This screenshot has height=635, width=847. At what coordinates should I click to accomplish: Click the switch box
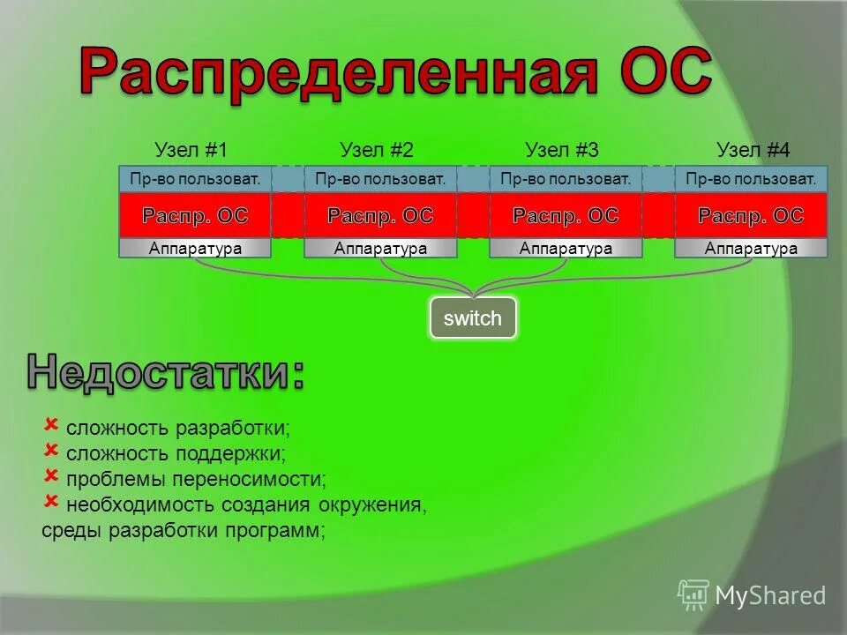pos(472,318)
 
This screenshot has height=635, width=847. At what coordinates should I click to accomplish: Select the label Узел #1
pos(191,150)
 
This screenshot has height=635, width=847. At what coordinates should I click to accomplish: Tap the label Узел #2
pos(377,150)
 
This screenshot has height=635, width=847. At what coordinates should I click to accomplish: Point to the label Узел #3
pos(562,150)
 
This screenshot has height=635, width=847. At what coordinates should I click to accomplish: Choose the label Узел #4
pos(753,150)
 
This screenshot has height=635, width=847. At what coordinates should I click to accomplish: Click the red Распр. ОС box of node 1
pos(195,215)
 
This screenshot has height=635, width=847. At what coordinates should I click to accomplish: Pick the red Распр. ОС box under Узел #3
pos(566,215)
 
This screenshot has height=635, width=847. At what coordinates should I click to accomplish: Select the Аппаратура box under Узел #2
pos(380,248)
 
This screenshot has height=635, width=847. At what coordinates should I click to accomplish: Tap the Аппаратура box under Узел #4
pos(751,248)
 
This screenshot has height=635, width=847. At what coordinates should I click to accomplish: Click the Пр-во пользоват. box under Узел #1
pos(195,179)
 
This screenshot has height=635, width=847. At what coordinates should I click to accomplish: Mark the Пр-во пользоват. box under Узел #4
pos(751,179)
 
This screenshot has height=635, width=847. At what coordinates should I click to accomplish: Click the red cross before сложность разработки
pos(50,424)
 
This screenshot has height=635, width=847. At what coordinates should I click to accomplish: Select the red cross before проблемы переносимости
pos(50,475)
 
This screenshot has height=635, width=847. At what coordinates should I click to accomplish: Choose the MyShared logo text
pos(769,596)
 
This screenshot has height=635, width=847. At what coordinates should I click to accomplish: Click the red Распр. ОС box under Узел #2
pos(380,215)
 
